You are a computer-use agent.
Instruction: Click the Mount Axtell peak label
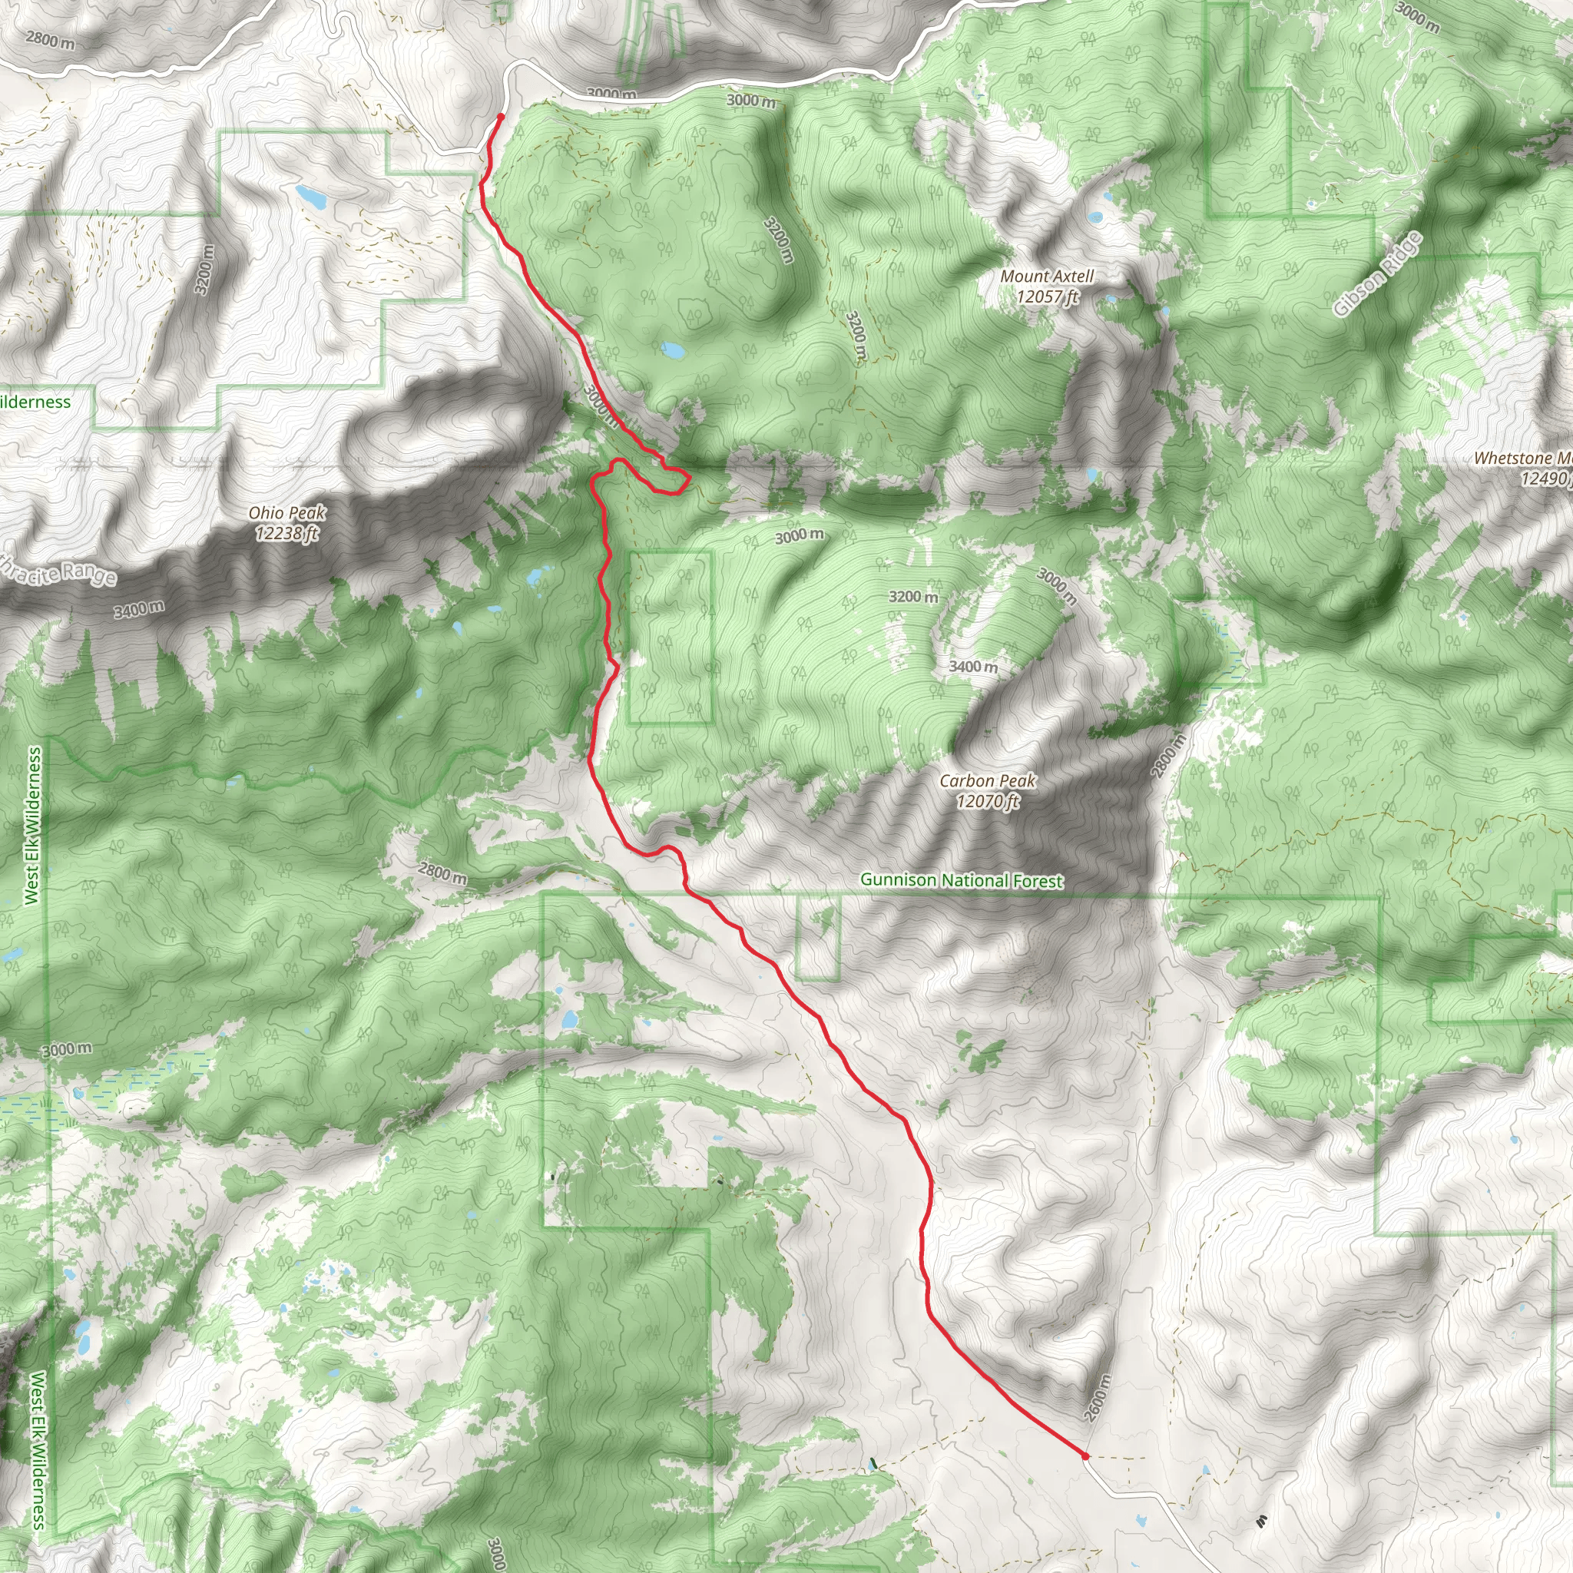coord(1047,277)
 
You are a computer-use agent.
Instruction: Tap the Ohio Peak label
coord(286,513)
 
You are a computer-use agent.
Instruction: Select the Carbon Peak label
coord(987,781)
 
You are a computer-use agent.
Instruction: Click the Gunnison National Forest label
coord(961,880)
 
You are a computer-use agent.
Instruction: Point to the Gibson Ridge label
coord(1378,274)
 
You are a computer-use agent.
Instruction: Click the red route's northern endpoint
coord(500,117)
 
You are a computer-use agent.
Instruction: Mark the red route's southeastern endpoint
coord(1085,1455)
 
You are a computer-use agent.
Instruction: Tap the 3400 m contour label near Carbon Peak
coord(973,667)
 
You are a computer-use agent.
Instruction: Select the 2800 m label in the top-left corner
coord(50,39)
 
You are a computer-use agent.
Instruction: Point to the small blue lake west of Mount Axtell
coord(673,351)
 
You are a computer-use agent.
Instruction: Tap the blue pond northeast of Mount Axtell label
coord(1096,217)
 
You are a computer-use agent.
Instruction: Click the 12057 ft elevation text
coord(1047,296)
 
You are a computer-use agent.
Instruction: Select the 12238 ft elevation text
coord(286,533)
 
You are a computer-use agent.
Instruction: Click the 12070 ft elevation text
coord(987,801)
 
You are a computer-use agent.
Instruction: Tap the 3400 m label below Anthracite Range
coord(138,609)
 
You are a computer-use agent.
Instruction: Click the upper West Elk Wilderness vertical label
coord(32,826)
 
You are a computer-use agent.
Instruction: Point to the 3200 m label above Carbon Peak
coord(912,597)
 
